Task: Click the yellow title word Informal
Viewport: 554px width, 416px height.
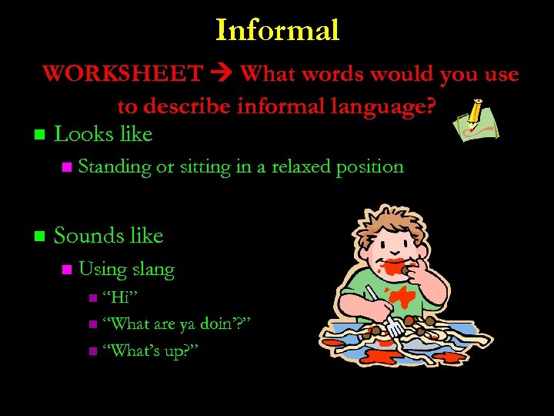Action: (277, 30)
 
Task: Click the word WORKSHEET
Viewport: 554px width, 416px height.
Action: (122, 74)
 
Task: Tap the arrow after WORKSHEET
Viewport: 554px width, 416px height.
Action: (222, 75)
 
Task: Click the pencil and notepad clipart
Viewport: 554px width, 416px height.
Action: (476, 121)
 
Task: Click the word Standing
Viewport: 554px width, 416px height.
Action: (115, 166)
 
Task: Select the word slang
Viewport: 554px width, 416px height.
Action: (153, 270)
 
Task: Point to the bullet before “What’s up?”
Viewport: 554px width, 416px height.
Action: (93, 351)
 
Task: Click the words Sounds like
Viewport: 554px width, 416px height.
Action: (108, 236)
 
